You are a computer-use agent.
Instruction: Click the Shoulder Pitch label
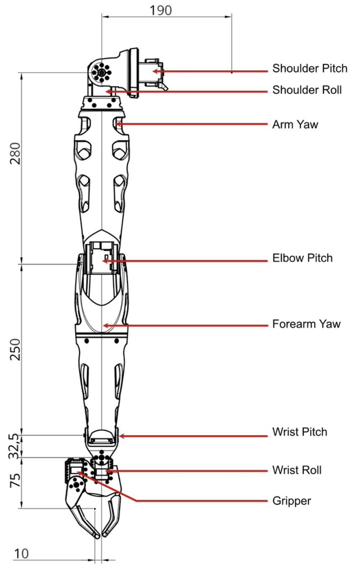point(310,69)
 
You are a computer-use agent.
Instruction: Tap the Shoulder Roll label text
point(307,90)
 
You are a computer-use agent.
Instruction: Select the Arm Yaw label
point(295,125)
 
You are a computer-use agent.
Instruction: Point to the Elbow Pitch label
point(302,258)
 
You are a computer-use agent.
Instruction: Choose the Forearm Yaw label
point(306,324)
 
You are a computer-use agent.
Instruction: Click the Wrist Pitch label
point(299,432)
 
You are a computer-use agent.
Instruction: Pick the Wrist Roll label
point(296,470)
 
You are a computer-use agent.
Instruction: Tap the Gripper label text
point(291,501)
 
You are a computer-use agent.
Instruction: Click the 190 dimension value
point(161,10)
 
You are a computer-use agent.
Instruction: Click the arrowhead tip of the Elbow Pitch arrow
point(102,261)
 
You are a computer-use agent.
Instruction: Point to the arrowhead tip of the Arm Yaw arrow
point(116,124)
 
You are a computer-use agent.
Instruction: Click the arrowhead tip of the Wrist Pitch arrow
point(119,436)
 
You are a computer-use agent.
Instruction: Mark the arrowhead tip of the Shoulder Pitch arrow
point(152,71)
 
